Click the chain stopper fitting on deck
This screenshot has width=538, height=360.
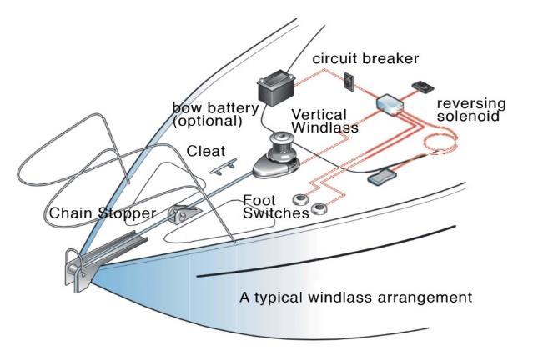[178, 213]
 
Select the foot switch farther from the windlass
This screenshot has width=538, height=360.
[318, 211]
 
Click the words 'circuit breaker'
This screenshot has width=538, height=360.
[365, 59]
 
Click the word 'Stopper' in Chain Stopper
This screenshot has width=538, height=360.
[127, 213]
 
